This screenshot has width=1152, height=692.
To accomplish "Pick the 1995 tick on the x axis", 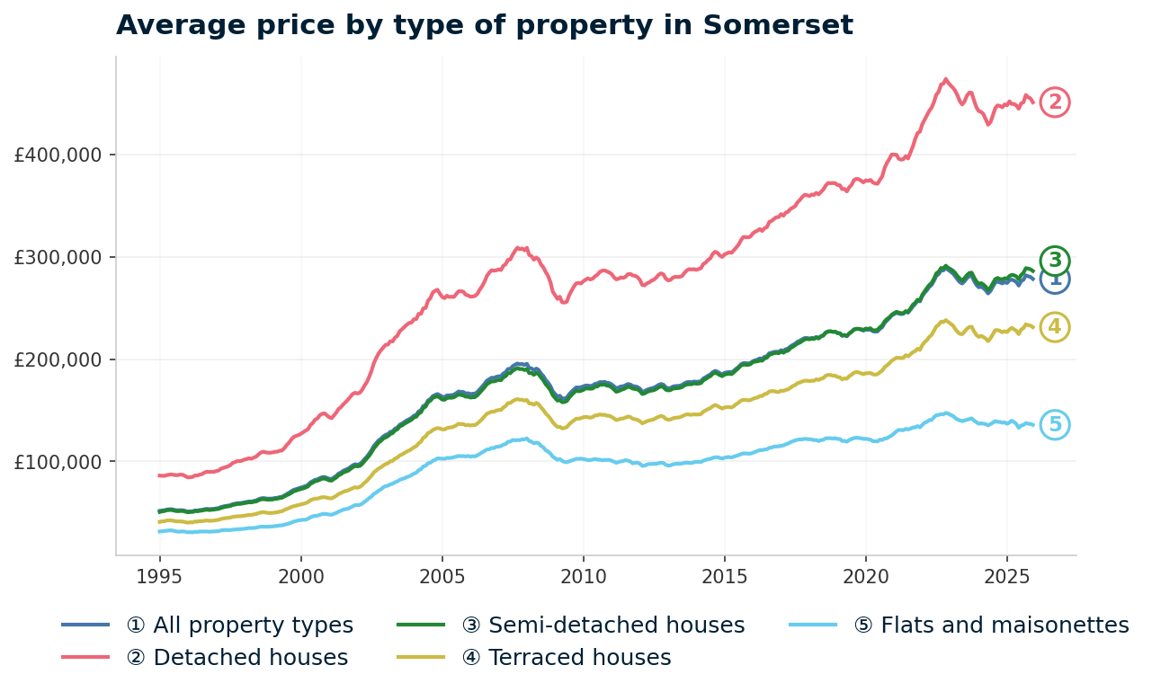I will (159, 574).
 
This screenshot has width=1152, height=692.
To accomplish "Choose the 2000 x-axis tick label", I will (300, 574).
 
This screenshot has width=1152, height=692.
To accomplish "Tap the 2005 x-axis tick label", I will (442, 574).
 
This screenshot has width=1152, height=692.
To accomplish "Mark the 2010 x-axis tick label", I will (583, 574).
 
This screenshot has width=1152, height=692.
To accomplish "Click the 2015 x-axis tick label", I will (724, 574).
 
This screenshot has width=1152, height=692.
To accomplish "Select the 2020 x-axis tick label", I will (865, 574).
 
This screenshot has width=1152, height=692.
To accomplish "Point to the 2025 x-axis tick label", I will (1006, 574).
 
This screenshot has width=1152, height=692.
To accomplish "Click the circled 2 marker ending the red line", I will (1055, 102).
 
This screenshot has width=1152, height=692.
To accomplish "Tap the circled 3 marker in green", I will (1055, 261).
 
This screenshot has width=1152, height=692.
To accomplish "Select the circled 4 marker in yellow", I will (1055, 327).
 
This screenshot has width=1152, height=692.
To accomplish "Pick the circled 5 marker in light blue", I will (1055, 425).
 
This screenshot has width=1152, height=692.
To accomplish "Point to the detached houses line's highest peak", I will (945, 79).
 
